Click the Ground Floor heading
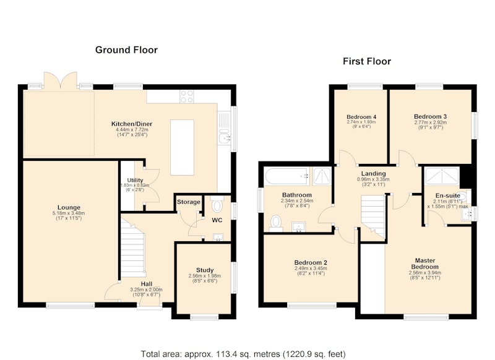(126, 50)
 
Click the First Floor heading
(367, 61)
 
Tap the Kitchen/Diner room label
(132, 124)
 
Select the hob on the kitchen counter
(187, 96)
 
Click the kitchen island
(182, 147)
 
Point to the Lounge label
(69, 208)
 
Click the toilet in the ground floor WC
(217, 205)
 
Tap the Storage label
(189, 202)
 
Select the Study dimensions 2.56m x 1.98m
(205, 276)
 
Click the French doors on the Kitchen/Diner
(60, 80)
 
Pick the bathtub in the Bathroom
(287, 176)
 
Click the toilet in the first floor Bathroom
(276, 223)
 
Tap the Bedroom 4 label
(361, 117)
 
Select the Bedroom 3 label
(430, 117)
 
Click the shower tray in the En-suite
(442, 176)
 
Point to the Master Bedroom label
(425, 264)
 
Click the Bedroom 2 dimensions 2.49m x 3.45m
(311, 268)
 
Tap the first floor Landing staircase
(373, 216)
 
